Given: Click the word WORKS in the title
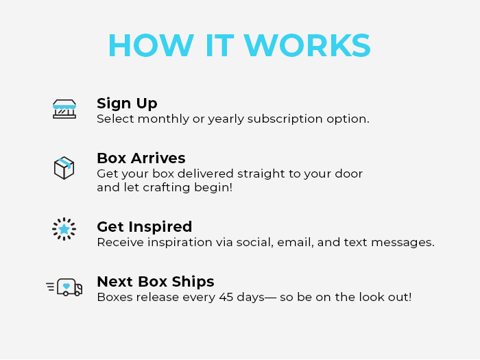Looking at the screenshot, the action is pyautogui.click(x=307, y=45).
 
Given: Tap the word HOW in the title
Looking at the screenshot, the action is pyautogui.click(x=152, y=45).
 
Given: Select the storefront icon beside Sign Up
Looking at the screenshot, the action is pyautogui.click(x=64, y=109).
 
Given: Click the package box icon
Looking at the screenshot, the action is pyautogui.click(x=64, y=168).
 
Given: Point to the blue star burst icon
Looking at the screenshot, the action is pyautogui.click(x=64, y=229).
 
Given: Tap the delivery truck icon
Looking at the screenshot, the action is pyautogui.click(x=64, y=287).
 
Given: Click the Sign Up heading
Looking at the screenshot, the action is pyautogui.click(x=127, y=104).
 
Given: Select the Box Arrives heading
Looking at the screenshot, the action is pyautogui.click(x=141, y=158).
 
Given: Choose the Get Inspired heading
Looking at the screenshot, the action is pyautogui.click(x=145, y=227).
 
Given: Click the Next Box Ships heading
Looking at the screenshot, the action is pyautogui.click(x=156, y=282).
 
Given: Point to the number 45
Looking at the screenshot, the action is pyautogui.click(x=226, y=297).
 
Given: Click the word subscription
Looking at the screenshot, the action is pyautogui.click(x=285, y=119).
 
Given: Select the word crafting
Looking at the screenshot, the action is pyautogui.click(x=167, y=188).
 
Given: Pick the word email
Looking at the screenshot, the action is pyautogui.click(x=296, y=242).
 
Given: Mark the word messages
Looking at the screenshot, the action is pyautogui.click(x=403, y=243).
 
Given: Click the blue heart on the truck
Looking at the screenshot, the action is pyautogui.click(x=66, y=286).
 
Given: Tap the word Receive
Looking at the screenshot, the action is pyautogui.click(x=121, y=242).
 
